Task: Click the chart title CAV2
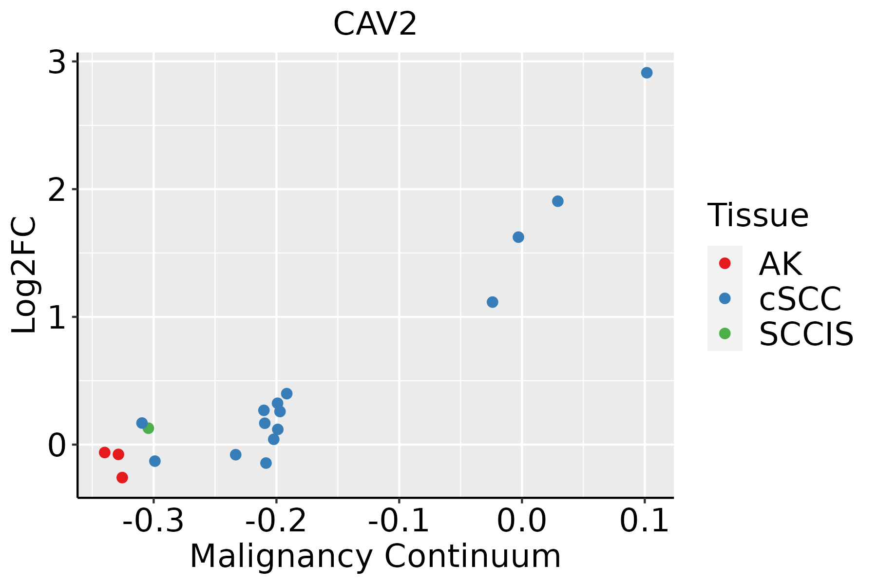point(375,24)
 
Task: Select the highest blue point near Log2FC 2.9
point(647,73)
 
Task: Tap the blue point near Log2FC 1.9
point(558,201)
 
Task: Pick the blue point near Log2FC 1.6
point(518,237)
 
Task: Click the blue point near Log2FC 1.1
point(493,302)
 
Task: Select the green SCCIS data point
point(149,428)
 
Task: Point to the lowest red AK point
point(122,477)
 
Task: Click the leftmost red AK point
point(105,452)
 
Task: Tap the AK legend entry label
point(780,264)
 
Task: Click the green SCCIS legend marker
point(724,333)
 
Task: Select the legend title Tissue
point(758,215)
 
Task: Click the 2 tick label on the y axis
point(57,190)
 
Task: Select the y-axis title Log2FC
point(24,275)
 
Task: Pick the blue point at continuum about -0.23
point(236,455)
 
